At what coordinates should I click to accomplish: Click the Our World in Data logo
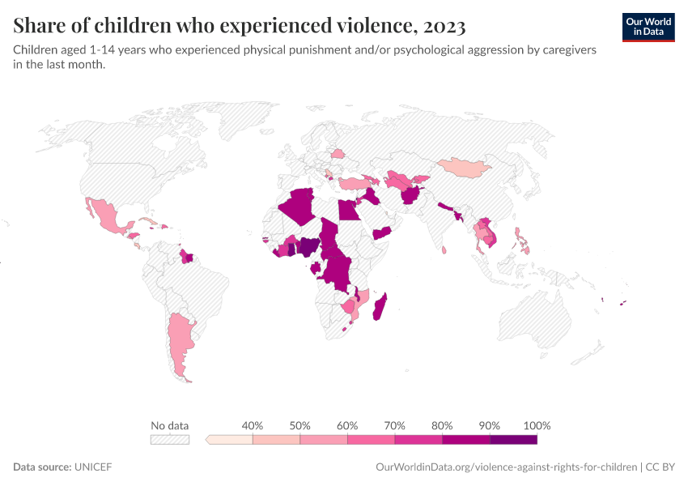[x=648, y=27]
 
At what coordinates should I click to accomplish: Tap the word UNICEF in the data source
[x=93, y=467]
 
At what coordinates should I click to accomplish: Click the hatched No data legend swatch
[x=170, y=440]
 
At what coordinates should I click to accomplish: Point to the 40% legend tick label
[x=253, y=425]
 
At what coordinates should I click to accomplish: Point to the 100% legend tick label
[x=537, y=425]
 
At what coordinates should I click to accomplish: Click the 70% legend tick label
[x=395, y=425]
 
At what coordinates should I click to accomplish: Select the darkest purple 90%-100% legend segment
[x=513, y=440]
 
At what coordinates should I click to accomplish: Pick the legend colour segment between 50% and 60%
[x=324, y=440]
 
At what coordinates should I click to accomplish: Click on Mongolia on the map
[x=464, y=167]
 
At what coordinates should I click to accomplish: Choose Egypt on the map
[x=348, y=210]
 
